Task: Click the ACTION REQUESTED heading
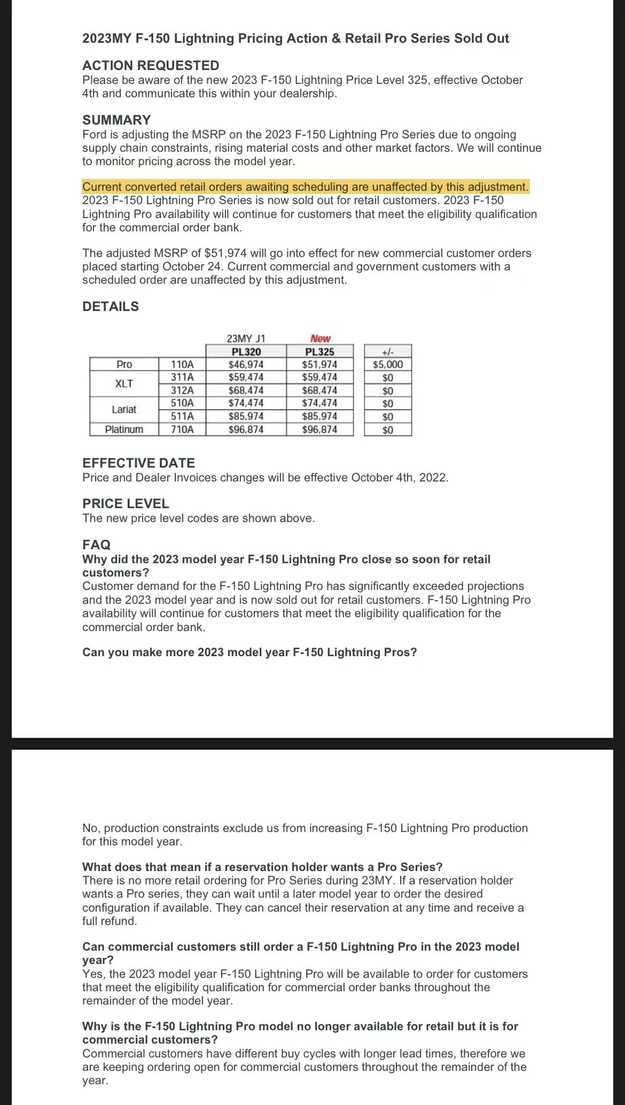pyautogui.click(x=151, y=66)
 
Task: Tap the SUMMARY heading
pyautogui.click(x=116, y=120)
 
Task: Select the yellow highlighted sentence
pyautogui.click(x=305, y=187)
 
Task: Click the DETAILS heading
pyautogui.click(x=111, y=307)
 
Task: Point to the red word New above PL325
pyautogui.click(x=320, y=338)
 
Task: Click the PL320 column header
pyautogui.click(x=246, y=352)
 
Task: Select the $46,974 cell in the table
pyautogui.click(x=246, y=364)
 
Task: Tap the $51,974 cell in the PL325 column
pyautogui.click(x=319, y=364)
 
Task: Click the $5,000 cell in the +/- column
pyautogui.click(x=388, y=364)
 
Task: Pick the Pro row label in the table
pyautogui.click(x=124, y=364)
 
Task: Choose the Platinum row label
pyautogui.click(x=124, y=430)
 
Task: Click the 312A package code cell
pyautogui.click(x=182, y=391)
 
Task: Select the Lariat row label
pyautogui.click(x=124, y=410)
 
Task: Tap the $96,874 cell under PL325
pyautogui.click(x=319, y=430)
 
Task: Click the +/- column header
pyautogui.click(x=388, y=352)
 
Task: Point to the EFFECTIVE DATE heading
pyautogui.click(x=138, y=463)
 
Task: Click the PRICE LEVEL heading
pyautogui.click(x=126, y=504)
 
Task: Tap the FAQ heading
pyautogui.click(x=96, y=545)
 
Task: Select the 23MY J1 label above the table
pyautogui.click(x=246, y=338)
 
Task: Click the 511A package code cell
pyautogui.click(x=182, y=416)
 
